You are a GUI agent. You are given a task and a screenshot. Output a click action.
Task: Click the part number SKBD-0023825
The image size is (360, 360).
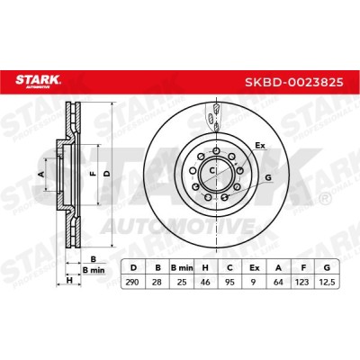pyautogui.click(x=294, y=82)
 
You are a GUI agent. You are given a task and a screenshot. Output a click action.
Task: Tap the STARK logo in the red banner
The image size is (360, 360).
pyautogui.click(x=38, y=81)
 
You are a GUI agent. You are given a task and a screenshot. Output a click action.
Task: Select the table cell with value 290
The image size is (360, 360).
pyautogui.click(x=132, y=282)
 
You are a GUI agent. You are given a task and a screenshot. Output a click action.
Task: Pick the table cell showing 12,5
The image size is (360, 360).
pyautogui.click(x=327, y=282)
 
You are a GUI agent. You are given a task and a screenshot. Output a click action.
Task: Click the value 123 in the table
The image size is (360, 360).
pyautogui.click(x=302, y=282)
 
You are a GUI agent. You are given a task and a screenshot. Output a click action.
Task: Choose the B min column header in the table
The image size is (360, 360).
pyautogui.click(x=182, y=267)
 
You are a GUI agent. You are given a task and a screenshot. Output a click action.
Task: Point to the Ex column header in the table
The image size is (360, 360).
pyautogui.click(x=255, y=267)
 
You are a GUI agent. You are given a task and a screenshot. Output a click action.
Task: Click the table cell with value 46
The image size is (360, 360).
pyautogui.click(x=206, y=282)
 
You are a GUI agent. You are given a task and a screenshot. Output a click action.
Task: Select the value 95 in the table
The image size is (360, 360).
pyautogui.click(x=230, y=282)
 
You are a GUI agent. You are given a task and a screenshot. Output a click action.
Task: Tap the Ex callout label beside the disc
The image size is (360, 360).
pyautogui.click(x=260, y=146)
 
